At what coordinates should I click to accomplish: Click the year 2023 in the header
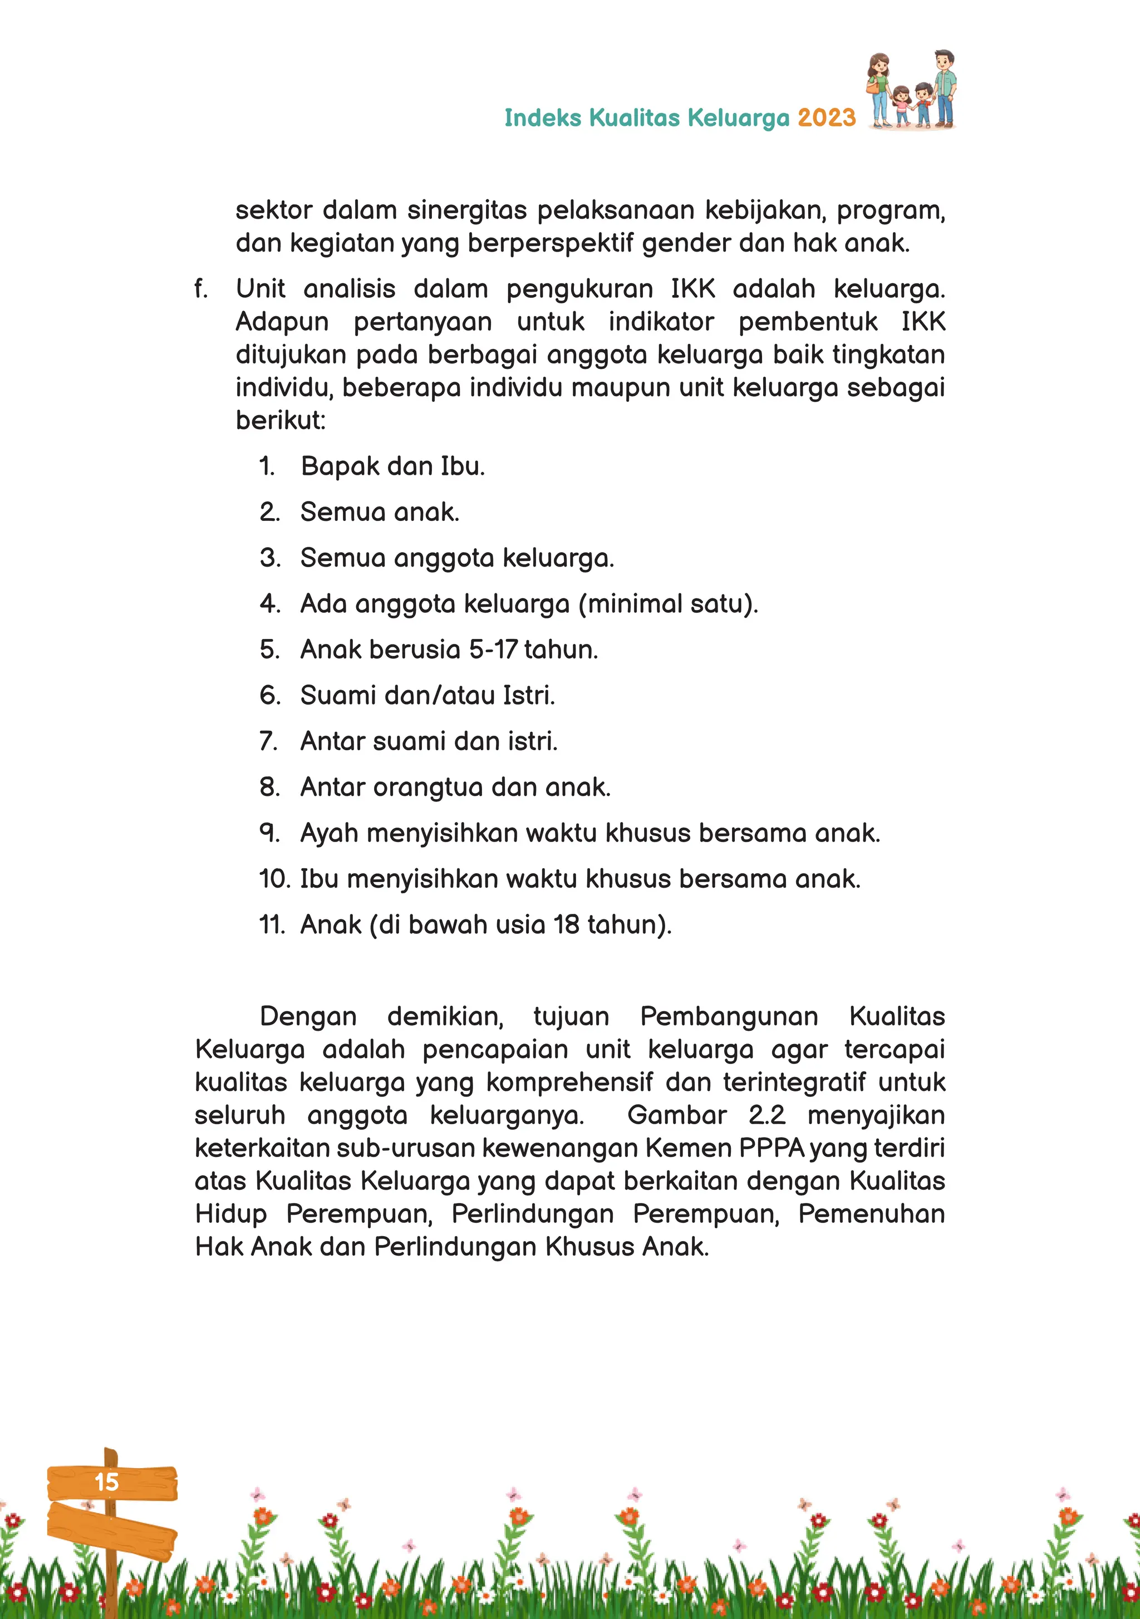826,118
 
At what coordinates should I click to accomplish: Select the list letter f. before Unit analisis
201,289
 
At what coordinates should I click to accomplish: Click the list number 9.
269,834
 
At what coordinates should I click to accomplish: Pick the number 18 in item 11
567,925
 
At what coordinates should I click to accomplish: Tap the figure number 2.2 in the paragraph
767,1115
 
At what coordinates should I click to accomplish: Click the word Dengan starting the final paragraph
308,1017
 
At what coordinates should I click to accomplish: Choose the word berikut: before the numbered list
281,420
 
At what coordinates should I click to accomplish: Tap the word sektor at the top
274,210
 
